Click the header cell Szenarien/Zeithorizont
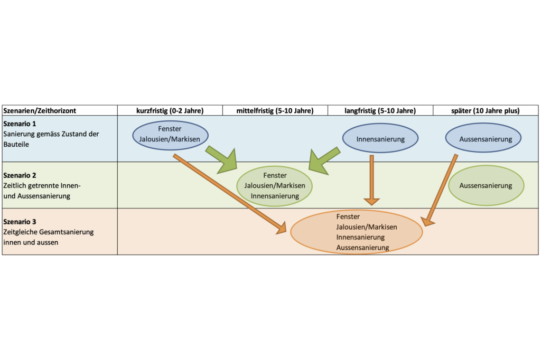coord(40,111)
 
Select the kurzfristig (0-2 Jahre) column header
coord(170,111)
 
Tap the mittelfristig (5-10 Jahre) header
coord(275,111)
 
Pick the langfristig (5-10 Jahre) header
coord(380,111)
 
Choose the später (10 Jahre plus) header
coord(486,111)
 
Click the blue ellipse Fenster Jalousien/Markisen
coord(170,135)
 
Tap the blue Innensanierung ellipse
coord(380,139)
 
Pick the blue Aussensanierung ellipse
coord(483,139)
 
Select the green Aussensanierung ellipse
coord(486,185)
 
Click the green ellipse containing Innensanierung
coord(275,186)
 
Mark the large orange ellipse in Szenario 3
coord(357,232)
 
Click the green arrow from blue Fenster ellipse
coord(222,159)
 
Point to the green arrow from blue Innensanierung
coord(323,160)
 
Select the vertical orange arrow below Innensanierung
coord(372,180)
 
